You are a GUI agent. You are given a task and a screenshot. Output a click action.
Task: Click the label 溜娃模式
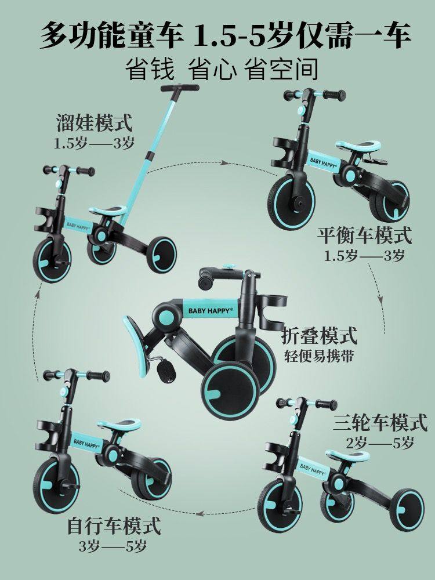click(95, 124)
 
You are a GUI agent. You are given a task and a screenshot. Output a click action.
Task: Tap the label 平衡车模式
click(364, 237)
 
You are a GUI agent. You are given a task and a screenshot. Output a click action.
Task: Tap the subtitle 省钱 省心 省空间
click(222, 69)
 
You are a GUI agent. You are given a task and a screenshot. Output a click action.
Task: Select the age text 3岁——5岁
click(113, 546)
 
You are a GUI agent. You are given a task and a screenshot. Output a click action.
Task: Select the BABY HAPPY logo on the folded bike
click(210, 311)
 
